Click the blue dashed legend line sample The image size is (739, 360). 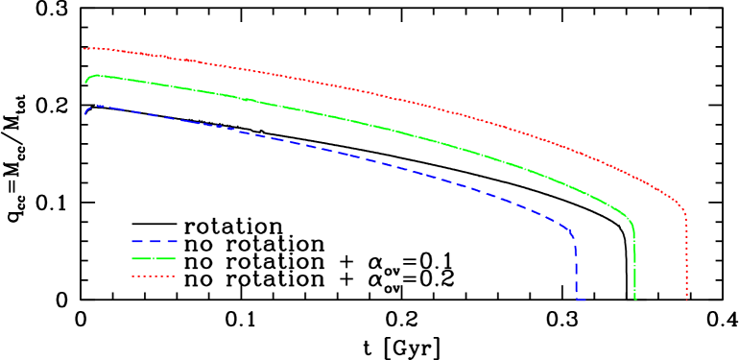155,241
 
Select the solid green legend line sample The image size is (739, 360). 155,259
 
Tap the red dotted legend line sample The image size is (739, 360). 155,276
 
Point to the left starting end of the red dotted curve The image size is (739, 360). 83,48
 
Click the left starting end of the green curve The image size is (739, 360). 85,83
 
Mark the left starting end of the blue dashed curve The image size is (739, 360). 85,114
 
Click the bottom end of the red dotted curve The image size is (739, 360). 686,300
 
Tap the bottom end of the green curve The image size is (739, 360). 635,300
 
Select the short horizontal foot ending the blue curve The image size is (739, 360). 581,300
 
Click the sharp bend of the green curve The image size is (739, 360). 632,223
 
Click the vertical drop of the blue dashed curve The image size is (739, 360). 576,269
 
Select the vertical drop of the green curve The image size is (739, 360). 635,264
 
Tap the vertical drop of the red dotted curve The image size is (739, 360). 686,259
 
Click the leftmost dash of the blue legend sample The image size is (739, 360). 137,241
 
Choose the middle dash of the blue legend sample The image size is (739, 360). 155,241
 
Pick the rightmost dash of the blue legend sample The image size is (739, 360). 171,241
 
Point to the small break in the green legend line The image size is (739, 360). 150,259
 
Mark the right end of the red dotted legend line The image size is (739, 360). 176,276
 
